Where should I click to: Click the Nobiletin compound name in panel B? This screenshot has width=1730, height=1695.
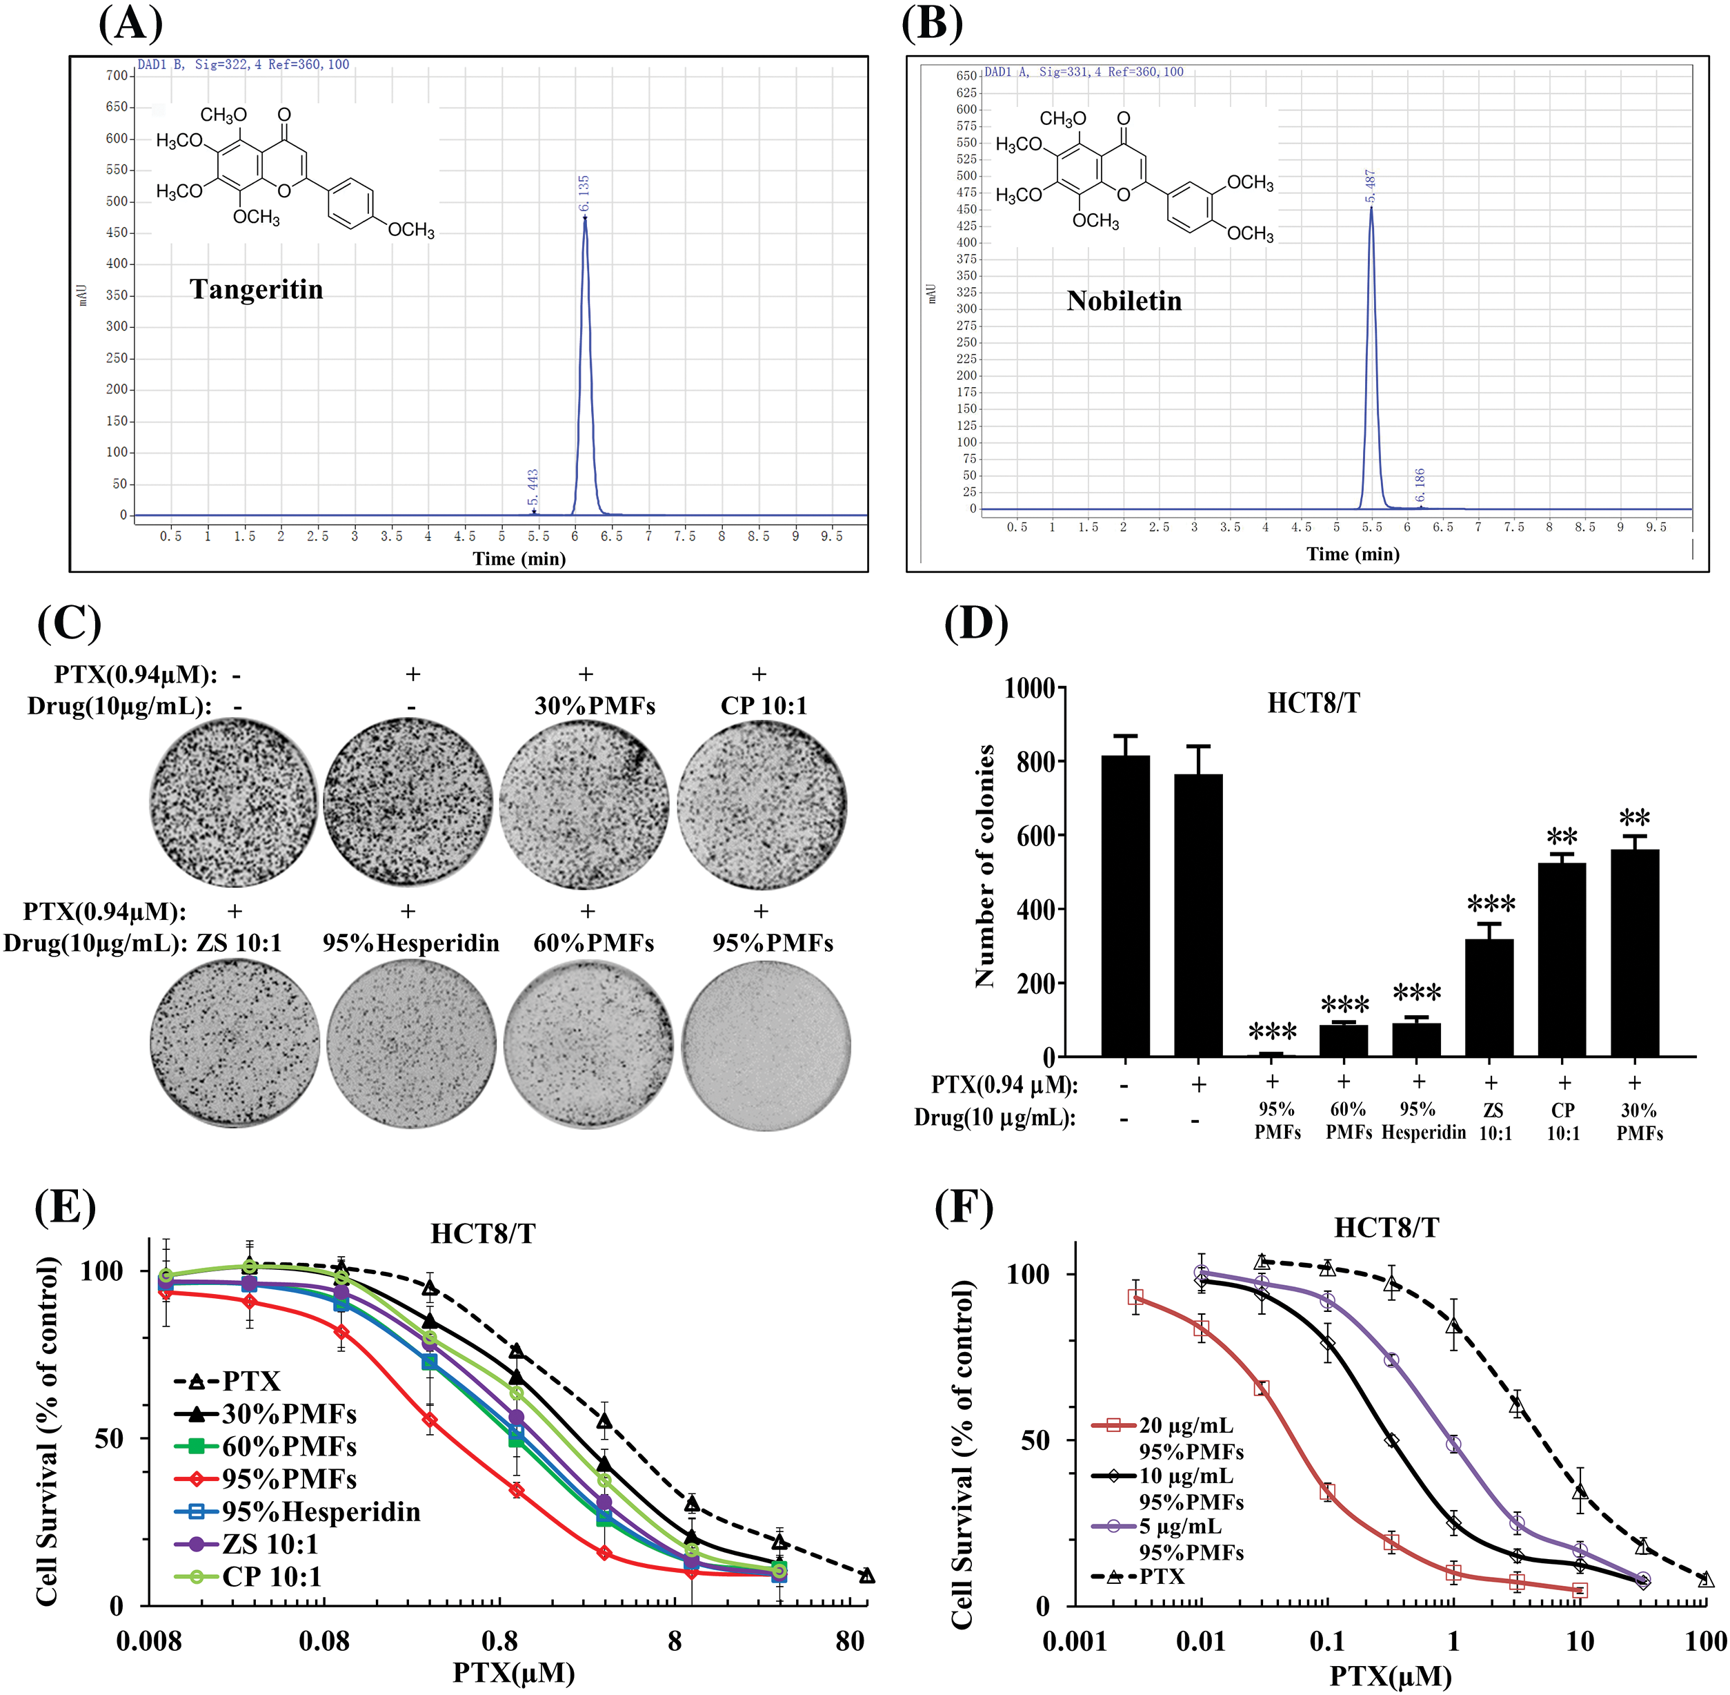point(1124,301)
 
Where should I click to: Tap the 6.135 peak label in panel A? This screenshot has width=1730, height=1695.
point(584,193)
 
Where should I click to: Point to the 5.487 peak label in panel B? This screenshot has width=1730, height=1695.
point(1371,186)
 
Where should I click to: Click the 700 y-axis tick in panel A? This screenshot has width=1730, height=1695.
point(117,76)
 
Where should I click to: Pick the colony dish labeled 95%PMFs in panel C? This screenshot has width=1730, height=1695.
point(766,1044)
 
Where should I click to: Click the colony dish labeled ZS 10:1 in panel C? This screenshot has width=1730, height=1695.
point(234,1044)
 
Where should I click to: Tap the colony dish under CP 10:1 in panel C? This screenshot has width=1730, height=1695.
point(762,804)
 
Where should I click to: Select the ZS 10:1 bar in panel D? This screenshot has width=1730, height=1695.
point(1489,997)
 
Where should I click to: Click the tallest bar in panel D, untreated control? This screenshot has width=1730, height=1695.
point(1125,905)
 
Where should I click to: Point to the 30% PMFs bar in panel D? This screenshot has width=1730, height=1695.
point(1634,952)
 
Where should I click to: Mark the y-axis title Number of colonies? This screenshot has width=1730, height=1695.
point(984,865)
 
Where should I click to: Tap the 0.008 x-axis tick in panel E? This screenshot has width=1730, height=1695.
point(148,1640)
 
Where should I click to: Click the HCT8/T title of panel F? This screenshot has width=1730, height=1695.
point(1386,1228)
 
